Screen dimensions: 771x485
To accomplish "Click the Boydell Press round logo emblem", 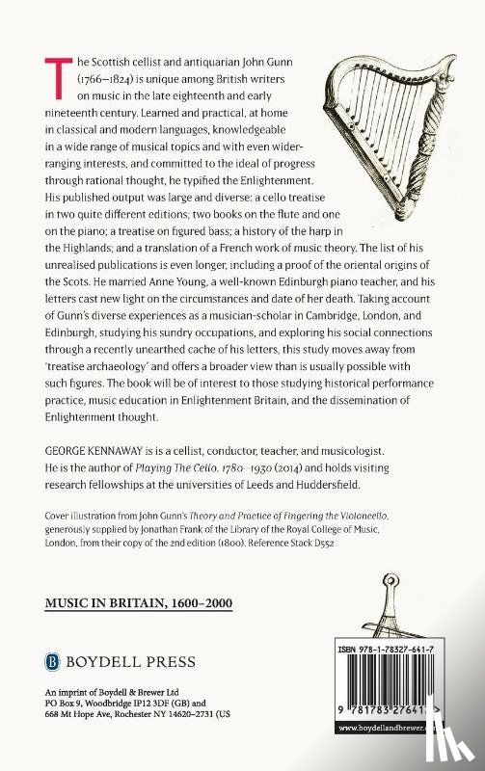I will [55, 662].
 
